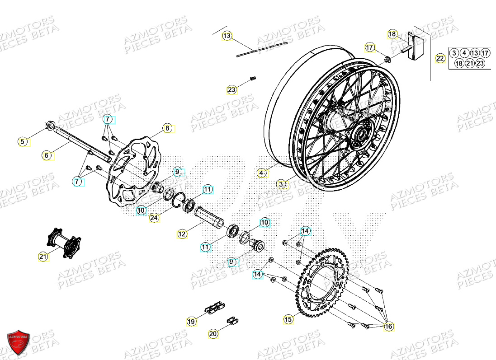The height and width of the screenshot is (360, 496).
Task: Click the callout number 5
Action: (x=22, y=142)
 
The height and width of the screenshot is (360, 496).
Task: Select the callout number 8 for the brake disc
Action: (x=167, y=128)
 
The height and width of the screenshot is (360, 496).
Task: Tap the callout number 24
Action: (x=154, y=218)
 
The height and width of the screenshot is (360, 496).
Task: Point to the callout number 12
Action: (x=182, y=234)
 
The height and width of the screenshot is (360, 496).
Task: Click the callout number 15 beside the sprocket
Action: (x=288, y=319)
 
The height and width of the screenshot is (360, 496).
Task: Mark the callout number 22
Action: (x=440, y=58)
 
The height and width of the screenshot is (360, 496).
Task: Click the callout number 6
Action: (x=46, y=155)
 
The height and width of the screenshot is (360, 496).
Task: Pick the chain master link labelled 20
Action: (x=233, y=320)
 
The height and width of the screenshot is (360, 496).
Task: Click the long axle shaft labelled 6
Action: (x=84, y=144)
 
